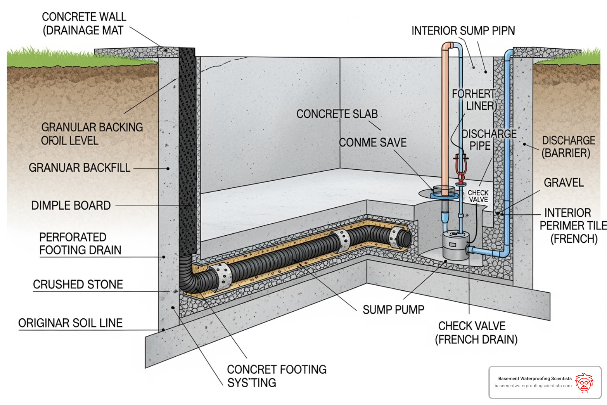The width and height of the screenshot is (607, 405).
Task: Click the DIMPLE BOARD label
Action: (x=71, y=206)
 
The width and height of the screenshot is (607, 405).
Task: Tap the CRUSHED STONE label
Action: (x=78, y=284)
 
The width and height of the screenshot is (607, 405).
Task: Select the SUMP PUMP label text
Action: (x=393, y=310)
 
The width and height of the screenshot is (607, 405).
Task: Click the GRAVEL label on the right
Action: (x=564, y=183)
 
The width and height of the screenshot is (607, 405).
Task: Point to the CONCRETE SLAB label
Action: (x=337, y=114)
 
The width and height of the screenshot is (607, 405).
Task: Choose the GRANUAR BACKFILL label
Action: (x=79, y=168)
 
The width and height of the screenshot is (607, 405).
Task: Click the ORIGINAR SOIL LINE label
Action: (x=70, y=323)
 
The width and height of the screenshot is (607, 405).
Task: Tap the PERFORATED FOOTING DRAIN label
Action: (x=80, y=244)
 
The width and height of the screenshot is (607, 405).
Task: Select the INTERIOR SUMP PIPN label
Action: (x=463, y=31)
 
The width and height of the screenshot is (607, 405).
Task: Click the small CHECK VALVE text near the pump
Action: (x=478, y=196)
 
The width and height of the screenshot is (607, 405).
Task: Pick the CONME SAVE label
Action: (x=373, y=142)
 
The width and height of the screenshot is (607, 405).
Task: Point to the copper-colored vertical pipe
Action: (x=445, y=119)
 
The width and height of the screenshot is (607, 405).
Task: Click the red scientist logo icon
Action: (x=584, y=382)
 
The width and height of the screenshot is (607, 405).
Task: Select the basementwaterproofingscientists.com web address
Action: (x=533, y=386)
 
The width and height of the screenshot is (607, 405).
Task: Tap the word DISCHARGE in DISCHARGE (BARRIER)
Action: (x=568, y=141)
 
